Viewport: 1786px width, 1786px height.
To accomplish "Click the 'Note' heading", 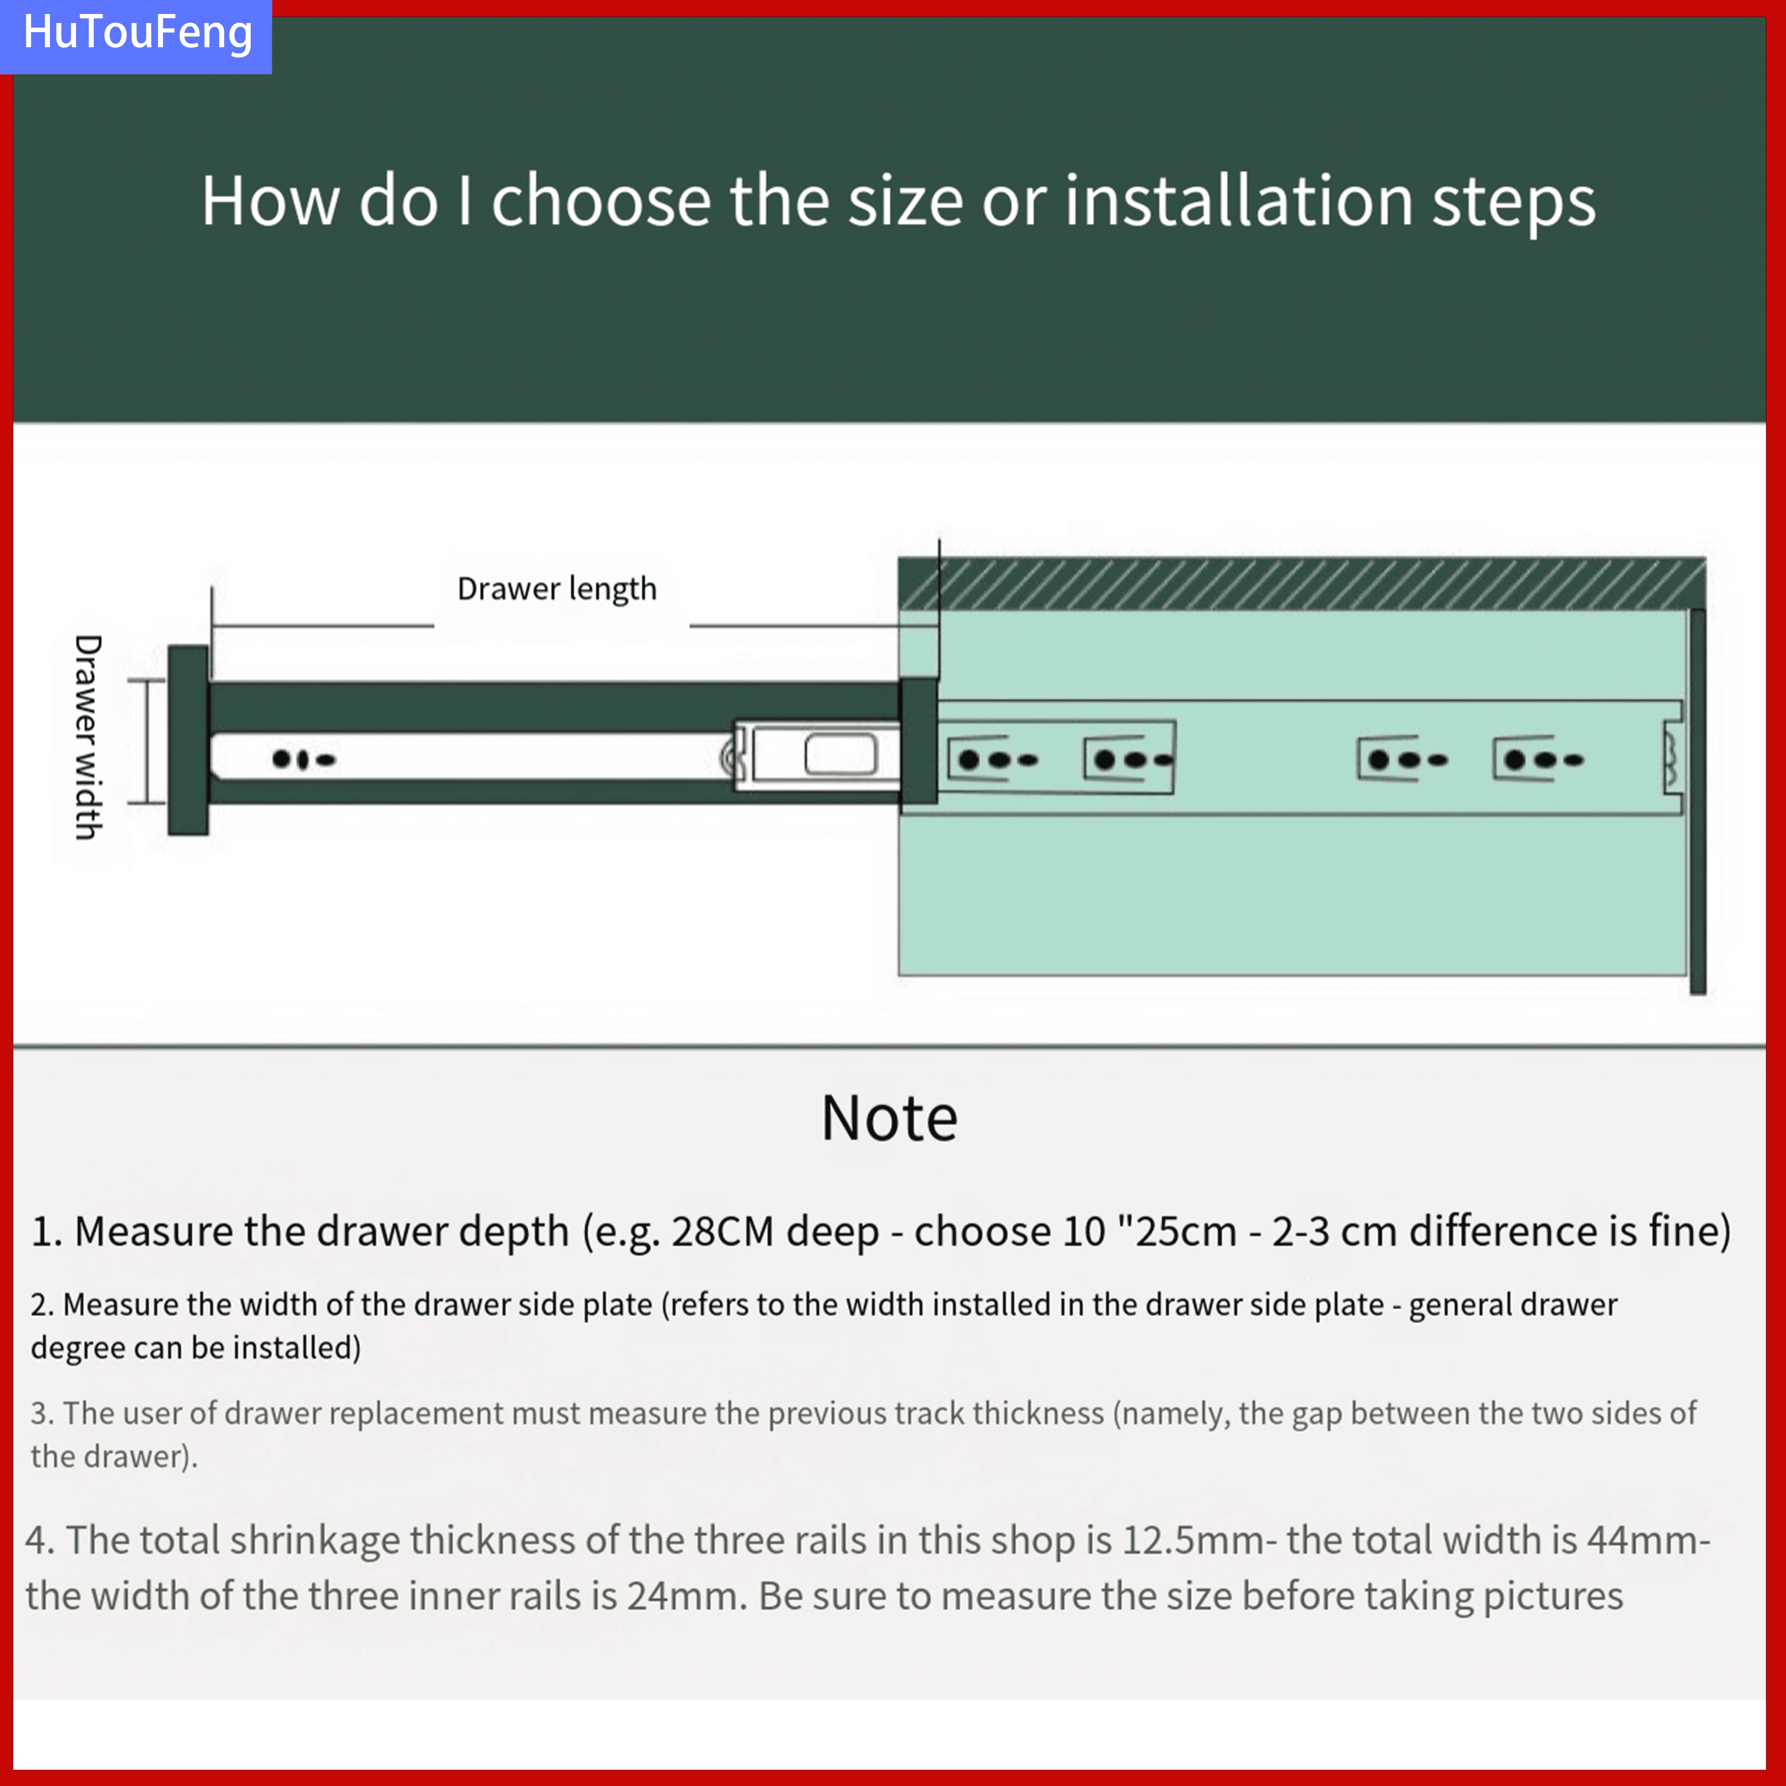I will click(889, 1119).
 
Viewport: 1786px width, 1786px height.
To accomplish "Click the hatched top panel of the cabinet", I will click(1302, 584).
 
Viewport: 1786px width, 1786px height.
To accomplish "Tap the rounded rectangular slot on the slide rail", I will click(840, 755).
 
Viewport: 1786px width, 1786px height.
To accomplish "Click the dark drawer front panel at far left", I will click(188, 740).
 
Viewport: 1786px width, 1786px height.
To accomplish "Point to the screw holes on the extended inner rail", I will click(303, 760).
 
